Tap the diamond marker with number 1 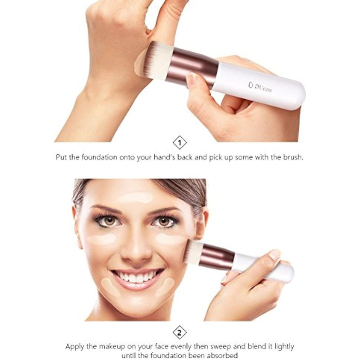180,142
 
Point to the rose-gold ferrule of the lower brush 218,258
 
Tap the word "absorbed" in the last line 224,355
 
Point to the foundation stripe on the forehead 136,197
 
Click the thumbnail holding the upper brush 192,80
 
